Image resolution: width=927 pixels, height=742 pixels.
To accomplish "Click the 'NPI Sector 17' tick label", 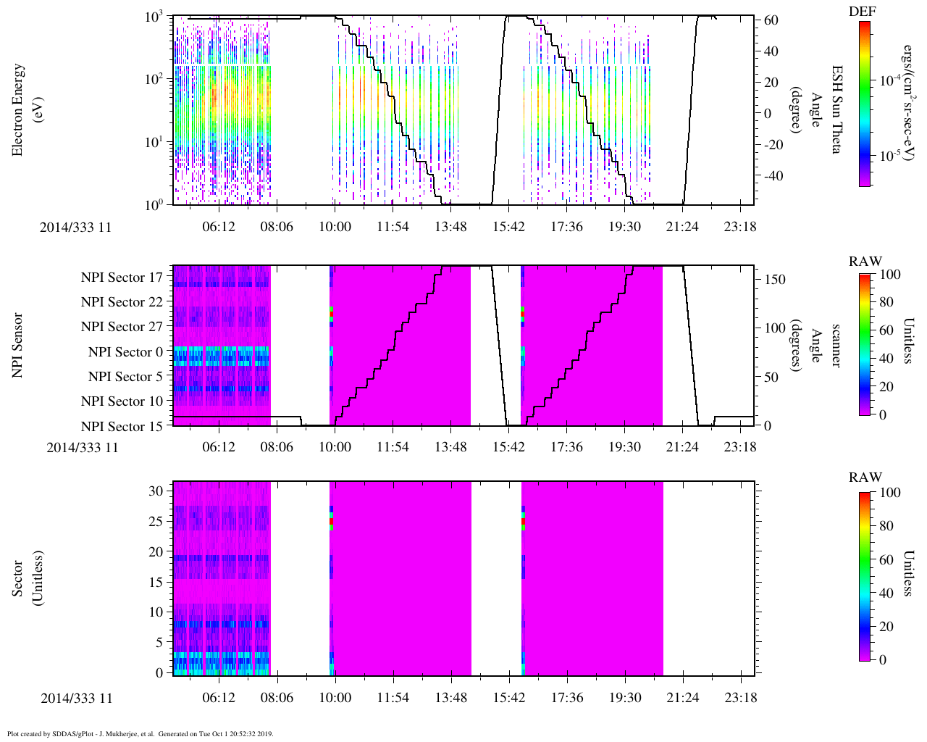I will click(122, 278).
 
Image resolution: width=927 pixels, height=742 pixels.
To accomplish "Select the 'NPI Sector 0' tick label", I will click(125, 352).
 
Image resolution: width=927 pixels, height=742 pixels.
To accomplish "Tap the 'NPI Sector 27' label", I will click(122, 327).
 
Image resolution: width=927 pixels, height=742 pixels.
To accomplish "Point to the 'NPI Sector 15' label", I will click(122, 427).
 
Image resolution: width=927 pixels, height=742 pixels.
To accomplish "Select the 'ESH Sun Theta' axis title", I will click(836, 110).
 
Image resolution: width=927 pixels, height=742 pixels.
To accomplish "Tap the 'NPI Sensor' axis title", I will click(18, 345).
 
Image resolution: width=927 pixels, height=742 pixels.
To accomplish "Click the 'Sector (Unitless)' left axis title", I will click(25, 578).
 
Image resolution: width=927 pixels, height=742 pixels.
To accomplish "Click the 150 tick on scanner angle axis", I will click(776, 280).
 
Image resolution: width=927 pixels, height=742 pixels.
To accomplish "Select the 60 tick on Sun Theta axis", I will click(772, 20).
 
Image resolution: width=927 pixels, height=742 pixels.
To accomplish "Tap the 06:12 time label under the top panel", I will click(219, 227).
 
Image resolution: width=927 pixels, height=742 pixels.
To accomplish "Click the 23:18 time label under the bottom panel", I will click(740, 699).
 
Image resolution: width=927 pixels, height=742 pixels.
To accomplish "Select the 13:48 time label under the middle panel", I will click(450, 447).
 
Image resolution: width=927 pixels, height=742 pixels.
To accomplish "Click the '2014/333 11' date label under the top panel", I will click(76, 227).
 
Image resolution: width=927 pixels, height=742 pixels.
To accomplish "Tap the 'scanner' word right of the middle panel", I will click(836, 345).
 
